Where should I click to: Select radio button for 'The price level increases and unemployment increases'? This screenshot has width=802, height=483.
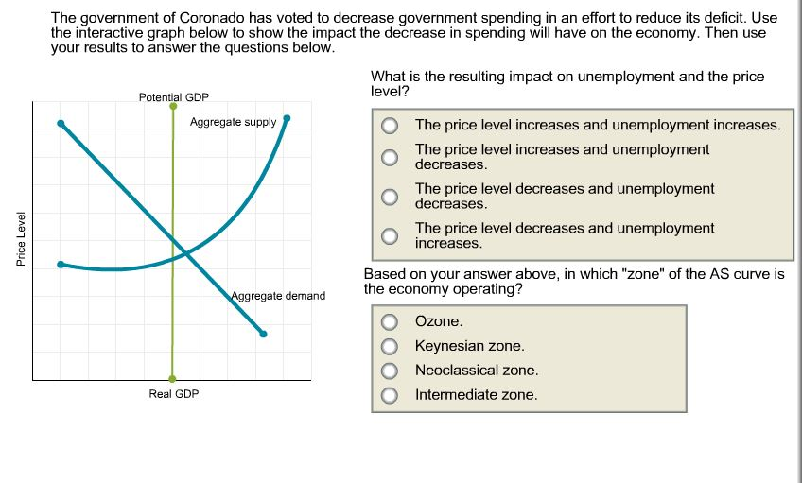[390, 126]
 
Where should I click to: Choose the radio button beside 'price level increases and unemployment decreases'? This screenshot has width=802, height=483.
[390, 157]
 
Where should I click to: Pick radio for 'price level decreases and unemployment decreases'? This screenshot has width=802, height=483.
[390, 197]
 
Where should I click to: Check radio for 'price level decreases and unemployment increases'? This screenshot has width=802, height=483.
[390, 235]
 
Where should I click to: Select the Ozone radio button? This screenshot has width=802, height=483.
[390, 322]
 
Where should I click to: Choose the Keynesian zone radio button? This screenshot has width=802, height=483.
[390, 347]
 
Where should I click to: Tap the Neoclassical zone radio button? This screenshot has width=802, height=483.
[390, 371]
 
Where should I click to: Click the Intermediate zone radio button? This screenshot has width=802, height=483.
[390, 395]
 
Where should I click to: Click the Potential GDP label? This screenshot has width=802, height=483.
[173, 97]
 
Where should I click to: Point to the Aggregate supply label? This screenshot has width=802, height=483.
[233, 122]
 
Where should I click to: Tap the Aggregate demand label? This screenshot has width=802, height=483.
[278, 296]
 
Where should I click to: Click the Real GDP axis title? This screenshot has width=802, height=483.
[174, 393]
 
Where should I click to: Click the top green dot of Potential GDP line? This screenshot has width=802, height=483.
[173, 107]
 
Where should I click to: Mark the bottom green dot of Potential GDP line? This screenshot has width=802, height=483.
[172, 377]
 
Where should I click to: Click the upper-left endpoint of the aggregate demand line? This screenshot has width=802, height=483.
[61, 123]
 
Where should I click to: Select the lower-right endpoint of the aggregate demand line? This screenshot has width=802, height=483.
[263, 333]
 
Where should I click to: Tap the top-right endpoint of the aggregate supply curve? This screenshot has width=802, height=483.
[288, 119]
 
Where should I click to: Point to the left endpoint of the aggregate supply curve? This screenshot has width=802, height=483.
[61, 265]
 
